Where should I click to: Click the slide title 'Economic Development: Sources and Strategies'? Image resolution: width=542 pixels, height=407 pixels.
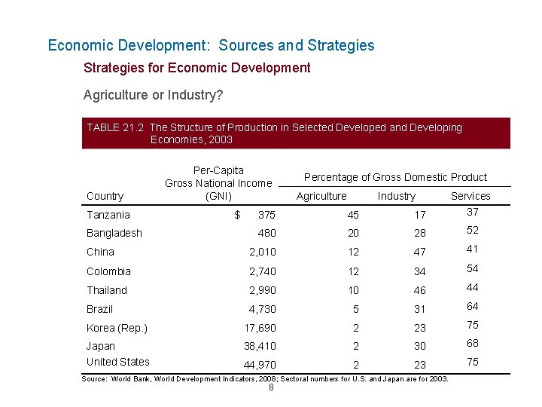click(211, 45)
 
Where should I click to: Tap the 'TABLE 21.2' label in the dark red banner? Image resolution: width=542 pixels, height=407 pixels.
click(115, 127)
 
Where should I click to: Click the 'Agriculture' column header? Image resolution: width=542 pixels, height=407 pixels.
click(321, 196)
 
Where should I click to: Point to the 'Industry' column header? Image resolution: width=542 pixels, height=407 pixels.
click(396, 196)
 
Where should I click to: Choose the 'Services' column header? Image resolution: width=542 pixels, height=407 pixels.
click(470, 196)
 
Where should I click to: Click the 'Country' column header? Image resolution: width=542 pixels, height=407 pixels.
click(105, 196)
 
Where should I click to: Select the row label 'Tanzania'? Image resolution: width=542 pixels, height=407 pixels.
click(108, 215)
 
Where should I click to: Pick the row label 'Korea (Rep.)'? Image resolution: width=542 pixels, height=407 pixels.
click(117, 328)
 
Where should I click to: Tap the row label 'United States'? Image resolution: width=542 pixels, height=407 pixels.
click(118, 362)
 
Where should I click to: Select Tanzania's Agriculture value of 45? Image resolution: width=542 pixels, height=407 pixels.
click(332, 216)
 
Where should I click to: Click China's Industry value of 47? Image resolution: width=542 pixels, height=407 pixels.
click(419, 252)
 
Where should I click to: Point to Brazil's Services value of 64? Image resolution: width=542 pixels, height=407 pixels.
click(472, 306)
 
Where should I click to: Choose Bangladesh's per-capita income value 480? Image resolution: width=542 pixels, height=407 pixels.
click(266, 234)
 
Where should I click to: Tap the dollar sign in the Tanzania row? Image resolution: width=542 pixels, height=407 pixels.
click(237, 215)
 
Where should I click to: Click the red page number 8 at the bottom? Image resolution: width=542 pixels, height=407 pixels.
click(271, 388)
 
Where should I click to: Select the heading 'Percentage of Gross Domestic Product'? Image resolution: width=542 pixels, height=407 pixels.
click(395, 177)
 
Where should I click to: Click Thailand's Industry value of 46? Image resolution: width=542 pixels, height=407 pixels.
click(419, 290)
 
